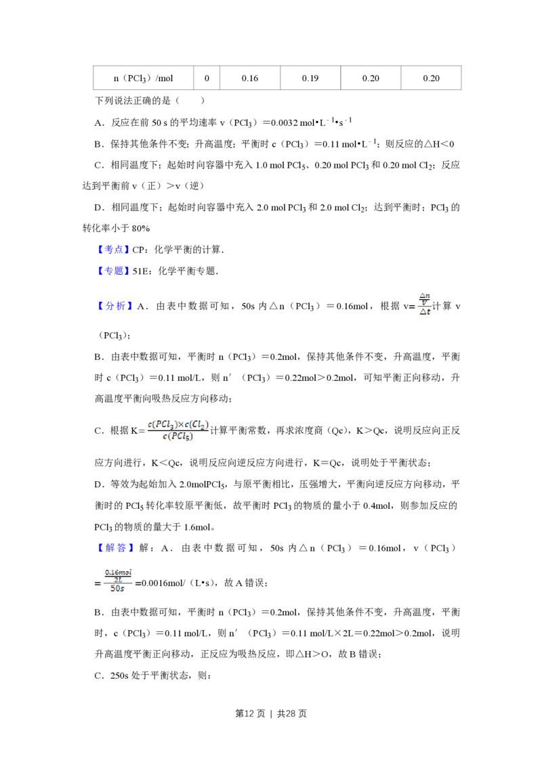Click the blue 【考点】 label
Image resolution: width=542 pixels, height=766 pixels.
click(x=113, y=250)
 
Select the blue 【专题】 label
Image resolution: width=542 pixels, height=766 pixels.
click(x=113, y=271)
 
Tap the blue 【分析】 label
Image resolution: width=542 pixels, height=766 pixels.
click(x=116, y=306)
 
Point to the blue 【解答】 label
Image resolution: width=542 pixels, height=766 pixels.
click(x=116, y=547)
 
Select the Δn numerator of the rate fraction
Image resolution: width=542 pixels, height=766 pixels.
click(x=425, y=295)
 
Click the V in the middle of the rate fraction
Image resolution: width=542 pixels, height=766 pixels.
click(x=425, y=303)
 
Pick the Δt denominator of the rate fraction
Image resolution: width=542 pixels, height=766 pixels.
click(x=425, y=313)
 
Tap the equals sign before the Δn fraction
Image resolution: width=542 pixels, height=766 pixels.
click(x=411, y=306)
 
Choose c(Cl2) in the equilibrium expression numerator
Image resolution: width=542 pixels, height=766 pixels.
click(x=198, y=424)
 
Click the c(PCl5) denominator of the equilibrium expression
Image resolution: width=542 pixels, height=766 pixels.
click(x=176, y=437)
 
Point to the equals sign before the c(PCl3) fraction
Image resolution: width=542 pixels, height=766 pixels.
click(x=141, y=430)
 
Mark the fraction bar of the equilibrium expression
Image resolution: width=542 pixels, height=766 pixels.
click(x=179, y=431)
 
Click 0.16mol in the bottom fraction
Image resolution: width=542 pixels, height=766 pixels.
click(x=119, y=572)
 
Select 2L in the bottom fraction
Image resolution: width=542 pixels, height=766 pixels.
click(x=119, y=580)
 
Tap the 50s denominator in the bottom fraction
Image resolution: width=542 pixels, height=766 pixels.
click(x=118, y=590)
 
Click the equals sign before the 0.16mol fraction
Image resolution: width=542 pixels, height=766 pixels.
click(x=97, y=584)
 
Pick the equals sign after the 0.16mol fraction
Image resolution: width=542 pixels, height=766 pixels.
click(x=140, y=584)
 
